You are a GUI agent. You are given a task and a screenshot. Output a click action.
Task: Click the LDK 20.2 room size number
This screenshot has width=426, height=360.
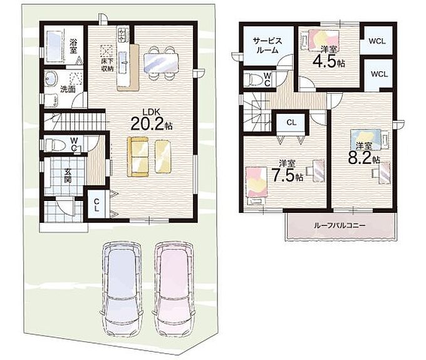(147, 124)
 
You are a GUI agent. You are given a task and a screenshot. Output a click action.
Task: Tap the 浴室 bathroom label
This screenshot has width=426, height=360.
(73, 46)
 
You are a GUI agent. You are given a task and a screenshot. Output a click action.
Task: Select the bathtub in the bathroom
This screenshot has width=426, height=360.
(55, 46)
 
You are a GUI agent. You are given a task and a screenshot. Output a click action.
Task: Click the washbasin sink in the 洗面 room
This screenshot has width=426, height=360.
(51, 79)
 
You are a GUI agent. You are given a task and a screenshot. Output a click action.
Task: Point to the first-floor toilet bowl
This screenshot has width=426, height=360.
(55, 145)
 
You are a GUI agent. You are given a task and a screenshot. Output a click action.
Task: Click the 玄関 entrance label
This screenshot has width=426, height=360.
(68, 176)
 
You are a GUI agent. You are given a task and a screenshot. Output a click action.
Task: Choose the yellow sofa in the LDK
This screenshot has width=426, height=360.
(138, 157)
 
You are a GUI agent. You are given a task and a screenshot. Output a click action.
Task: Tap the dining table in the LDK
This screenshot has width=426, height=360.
(161, 63)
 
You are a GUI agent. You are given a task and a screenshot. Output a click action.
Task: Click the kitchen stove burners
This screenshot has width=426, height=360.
(123, 34)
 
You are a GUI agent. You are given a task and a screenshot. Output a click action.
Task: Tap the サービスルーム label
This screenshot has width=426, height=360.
(268, 45)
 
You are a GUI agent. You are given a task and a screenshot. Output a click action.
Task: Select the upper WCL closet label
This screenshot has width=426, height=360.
(377, 41)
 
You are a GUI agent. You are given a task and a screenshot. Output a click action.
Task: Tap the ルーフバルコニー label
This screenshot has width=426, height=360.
(340, 225)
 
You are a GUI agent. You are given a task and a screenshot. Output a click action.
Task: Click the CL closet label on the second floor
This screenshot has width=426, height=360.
(291, 123)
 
